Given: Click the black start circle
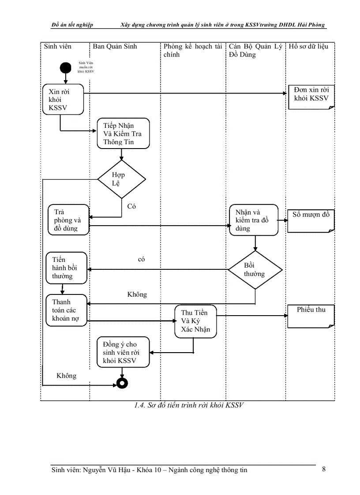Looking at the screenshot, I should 66,68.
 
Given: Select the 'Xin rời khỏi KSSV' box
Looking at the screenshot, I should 63,100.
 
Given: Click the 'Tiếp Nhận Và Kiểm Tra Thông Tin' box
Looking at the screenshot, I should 123,134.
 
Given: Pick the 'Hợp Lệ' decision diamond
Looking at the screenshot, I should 121,179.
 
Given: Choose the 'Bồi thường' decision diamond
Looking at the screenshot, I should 255,270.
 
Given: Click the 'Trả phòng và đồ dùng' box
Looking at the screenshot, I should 68,220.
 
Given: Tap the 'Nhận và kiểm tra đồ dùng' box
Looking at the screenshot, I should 254,220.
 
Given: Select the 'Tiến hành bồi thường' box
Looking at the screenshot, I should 67,268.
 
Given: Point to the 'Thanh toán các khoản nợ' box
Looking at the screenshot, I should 66,310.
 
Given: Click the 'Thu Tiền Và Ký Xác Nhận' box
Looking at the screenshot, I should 195,321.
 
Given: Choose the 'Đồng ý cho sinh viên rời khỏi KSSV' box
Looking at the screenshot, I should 123,352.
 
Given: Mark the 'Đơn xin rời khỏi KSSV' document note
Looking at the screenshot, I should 311,97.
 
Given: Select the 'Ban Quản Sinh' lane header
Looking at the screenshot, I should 115,46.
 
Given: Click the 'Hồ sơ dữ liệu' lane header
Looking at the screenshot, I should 308,46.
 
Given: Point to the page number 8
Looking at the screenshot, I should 324,469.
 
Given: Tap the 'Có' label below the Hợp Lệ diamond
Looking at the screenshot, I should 131,206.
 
